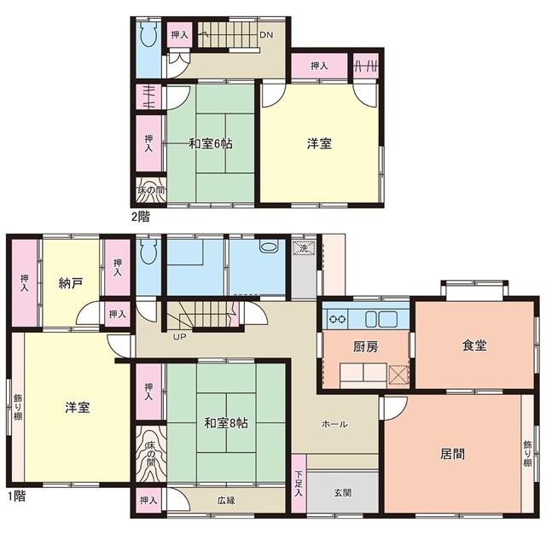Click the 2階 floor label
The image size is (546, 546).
pyautogui.click(x=140, y=217)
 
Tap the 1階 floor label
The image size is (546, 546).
pyautogui.click(x=17, y=496)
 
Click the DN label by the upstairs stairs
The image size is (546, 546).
pyautogui.click(x=266, y=35)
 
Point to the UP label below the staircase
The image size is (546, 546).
pyautogui.click(x=179, y=337)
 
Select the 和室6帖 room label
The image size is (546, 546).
pyautogui.click(x=211, y=143)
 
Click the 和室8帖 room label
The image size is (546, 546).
pyautogui.click(x=225, y=423)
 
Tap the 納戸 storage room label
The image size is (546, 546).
pyautogui.click(x=70, y=283)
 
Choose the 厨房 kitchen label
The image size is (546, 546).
pyautogui.click(x=366, y=347)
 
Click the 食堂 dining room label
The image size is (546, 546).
pyautogui.click(x=474, y=345)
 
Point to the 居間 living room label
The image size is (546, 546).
pyautogui.click(x=452, y=454)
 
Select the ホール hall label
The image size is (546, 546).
pyautogui.click(x=334, y=424)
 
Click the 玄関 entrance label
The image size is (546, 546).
pyautogui.click(x=343, y=492)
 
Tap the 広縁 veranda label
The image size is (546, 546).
pyautogui.click(x=226, y=501)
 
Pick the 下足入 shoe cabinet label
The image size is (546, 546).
pyautogui.click(x=299, y=484)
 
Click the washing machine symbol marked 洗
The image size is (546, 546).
pyautogui.click(x=304, y=248)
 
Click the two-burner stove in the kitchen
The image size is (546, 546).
pyautogui.click(x=338, y=319)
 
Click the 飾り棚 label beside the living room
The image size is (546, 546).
pyautogui.click(x=527, y=454)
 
